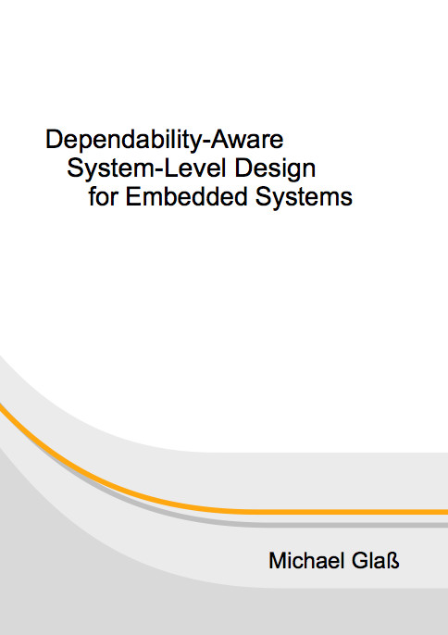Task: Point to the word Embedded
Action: click(x=186, y=197)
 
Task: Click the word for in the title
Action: click(x=104, y=197)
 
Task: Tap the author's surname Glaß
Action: click(x=376, y=561)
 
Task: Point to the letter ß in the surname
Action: click(x=393, y=561)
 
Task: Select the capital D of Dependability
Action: click(x=54, y=139)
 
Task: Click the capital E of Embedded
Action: click(x=133, y=197)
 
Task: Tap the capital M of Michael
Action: click(x=279, y=561)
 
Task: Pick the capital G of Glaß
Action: click(x=361, y=561)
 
